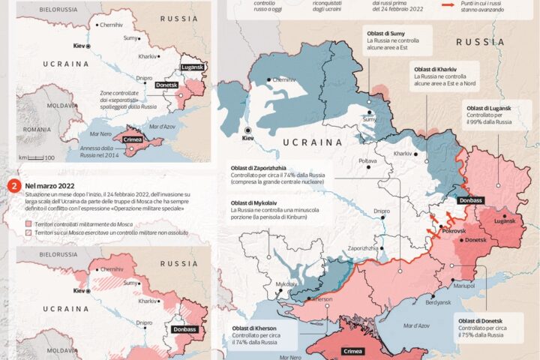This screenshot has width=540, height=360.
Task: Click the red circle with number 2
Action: (x=12, y=184)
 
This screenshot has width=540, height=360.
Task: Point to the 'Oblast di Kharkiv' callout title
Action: (x=437, y=67)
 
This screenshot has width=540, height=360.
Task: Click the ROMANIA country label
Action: (x=35, y=129)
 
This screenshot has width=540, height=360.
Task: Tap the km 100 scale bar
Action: (x=37, y=157)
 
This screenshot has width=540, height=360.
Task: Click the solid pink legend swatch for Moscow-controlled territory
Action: (x=28, y=223)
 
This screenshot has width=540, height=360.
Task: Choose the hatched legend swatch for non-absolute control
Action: (x=28, y=233)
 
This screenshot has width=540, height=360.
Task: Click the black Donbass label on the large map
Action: (x=469, y=200)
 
